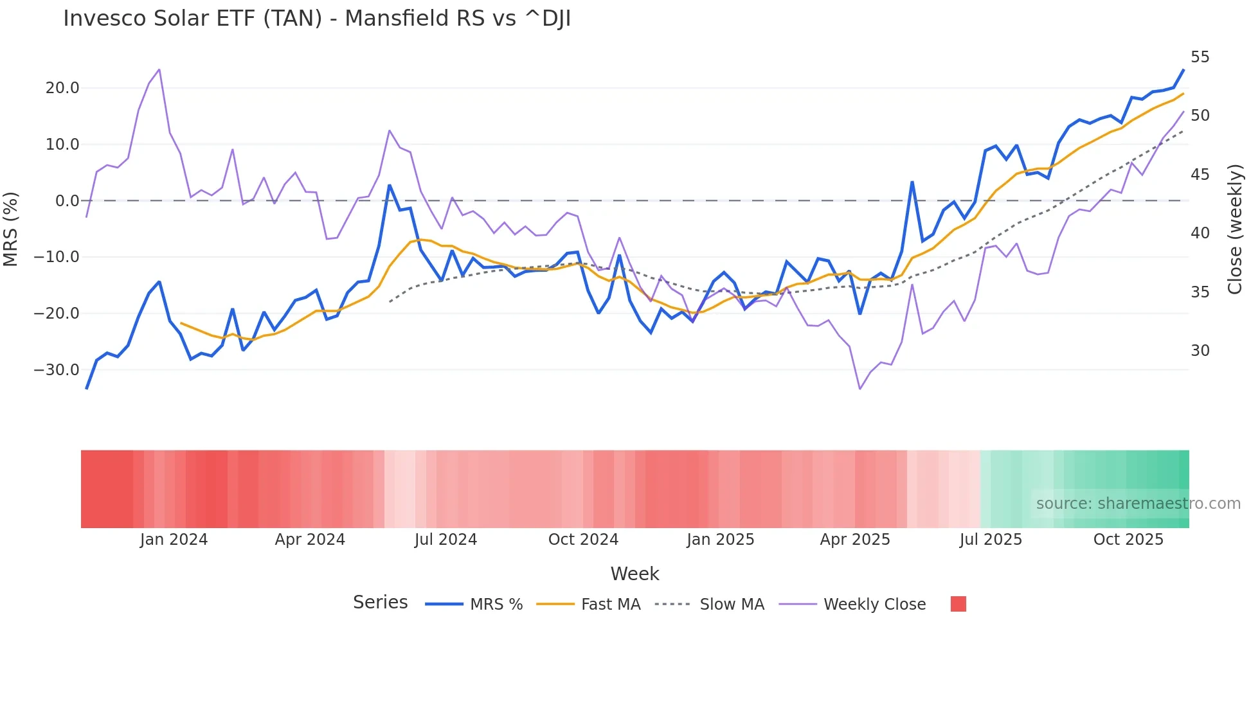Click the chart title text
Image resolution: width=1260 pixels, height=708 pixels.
(x=317, y=19)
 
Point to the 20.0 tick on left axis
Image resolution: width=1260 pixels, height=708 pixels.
(x=62, y=88)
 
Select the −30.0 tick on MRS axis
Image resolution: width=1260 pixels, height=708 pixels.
(x=57, y=370)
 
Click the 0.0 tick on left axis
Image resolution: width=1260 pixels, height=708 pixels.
(x=67, y=201)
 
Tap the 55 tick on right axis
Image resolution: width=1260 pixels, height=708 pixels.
(x=1200, y=57)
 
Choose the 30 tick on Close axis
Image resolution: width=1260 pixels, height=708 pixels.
(x=1200, y=351)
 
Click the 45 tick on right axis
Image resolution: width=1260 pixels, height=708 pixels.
(x=1200, y=175)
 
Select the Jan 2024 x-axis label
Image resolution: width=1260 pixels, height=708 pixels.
(x=174, y=540)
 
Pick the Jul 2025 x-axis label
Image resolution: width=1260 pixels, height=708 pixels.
(x=991, y=540)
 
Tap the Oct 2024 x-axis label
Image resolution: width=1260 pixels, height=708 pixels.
(x=583, y=540)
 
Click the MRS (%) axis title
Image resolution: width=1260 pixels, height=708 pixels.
(x=11, y=229)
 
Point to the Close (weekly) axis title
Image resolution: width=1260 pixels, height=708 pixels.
(x=1235, y=229)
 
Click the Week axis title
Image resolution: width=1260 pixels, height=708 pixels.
(x=634, y=574)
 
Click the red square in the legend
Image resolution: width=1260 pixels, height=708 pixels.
(x=958, y=604)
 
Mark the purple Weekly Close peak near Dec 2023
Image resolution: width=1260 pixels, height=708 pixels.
(x=159, y=69)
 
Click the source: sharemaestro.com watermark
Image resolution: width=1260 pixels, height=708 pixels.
(x=1138, y=504)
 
